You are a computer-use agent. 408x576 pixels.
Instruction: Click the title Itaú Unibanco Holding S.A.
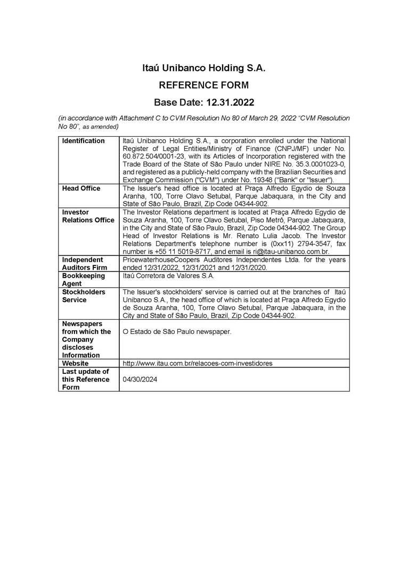(203, 68)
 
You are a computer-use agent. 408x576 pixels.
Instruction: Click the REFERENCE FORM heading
(203, 85)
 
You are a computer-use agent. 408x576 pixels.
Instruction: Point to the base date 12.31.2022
(203, 102)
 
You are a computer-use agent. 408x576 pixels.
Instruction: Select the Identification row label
(83, 141)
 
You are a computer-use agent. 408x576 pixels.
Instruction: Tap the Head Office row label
(81, 189)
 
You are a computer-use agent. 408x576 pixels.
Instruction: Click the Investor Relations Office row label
(88, 216)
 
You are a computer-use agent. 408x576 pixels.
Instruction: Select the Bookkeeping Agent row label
(84, 280)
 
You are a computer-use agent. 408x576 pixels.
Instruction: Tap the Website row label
(75, 363)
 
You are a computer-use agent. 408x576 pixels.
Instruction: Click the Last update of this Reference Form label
(86, 379)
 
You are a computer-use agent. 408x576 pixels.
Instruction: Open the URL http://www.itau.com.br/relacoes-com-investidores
(198, 363)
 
